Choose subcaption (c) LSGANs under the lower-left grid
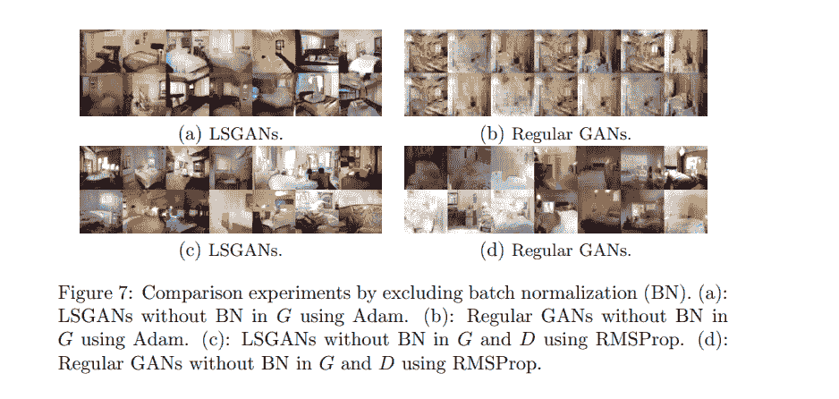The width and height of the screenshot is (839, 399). coord(232,250)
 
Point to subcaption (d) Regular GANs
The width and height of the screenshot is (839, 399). coord(555,250)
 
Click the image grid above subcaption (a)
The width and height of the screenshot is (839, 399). coord(230,72)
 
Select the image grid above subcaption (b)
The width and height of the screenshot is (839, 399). coord(555,72)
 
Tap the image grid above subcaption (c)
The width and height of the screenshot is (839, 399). coord(230,190)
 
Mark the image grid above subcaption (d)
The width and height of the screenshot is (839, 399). coord(555,190)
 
